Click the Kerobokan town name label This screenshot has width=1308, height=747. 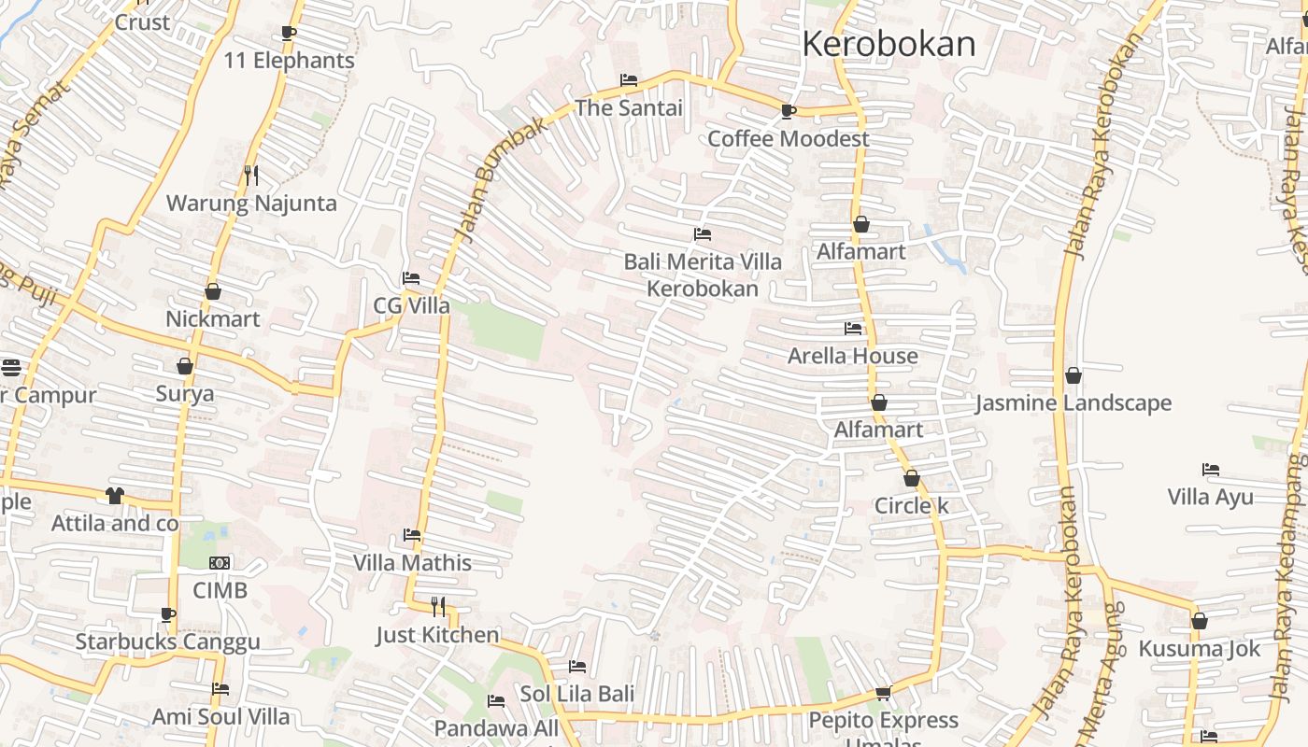(x=889, y=44)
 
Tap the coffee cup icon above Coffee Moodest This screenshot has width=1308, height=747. (x=789, y=112)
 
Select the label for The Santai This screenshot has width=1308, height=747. (x=629, y=108)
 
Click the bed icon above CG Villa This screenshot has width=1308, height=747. (x=410, y=278)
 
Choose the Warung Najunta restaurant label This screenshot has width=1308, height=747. (x=251, y=204)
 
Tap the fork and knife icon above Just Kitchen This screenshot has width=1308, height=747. (x=438, y=608)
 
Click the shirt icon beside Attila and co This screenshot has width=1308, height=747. (x=115, y=496)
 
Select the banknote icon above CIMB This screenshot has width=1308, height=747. (x=220, y=563)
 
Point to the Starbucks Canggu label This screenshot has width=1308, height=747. (x=167, y=642)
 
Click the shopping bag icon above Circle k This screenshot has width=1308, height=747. (x=912, y=479)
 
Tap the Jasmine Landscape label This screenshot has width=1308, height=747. (x=1073, y=403)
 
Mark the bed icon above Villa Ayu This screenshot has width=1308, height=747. (x=1211, y=470)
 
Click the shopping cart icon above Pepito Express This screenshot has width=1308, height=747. (x=883, y=694)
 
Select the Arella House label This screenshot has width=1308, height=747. (x=852, y=356)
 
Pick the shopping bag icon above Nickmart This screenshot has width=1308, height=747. (x=213, y=292)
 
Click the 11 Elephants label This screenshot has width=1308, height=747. (x=289, y=61)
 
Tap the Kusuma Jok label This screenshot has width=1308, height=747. (x=1199, y=649)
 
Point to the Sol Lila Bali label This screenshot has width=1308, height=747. (x=577, y=695)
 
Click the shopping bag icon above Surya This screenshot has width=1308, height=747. (x=185, y=366)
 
